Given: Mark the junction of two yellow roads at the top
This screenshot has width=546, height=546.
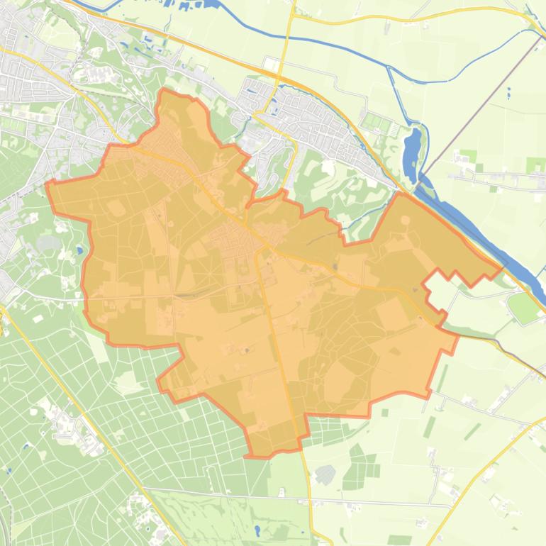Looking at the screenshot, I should (x=291, y=17).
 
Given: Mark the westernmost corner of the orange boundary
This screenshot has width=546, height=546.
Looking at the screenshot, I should (x=46, y=183).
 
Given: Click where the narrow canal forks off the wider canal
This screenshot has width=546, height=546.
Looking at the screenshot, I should (x=389, y=67).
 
